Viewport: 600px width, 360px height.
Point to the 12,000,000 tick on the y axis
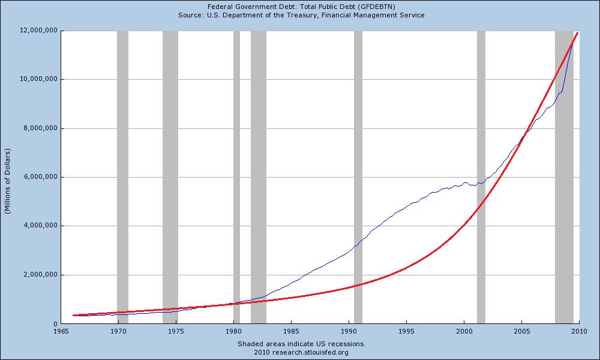pyautogui.click(x=38, y=31)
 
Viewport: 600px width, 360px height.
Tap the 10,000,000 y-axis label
pyautogui.click(x=38, y=79)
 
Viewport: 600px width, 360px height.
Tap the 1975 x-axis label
pyautogui.click(x=176, y=331)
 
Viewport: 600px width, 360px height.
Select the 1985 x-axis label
pyautogui.click(x=292, y=331)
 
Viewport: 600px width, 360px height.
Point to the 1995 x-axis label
pyautogui.click(x=407, y=331)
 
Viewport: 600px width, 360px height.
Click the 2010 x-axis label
pyautogui.click(x=579, y=331)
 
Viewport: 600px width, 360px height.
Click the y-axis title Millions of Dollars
pyautogui.click(x=8, y=178)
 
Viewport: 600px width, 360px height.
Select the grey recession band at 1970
pyautogui.click(x=122, y=180)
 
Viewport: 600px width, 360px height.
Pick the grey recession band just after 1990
pyautogui.click(x=358, y=180)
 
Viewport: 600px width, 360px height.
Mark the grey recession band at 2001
pyautogui.click(x=481, y=180)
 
